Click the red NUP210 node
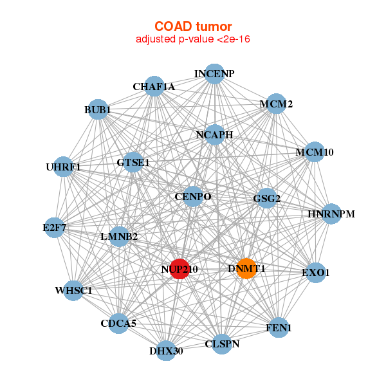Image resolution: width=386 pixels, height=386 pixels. (x=180, y=269)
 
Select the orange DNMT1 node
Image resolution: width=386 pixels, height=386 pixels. (x=246, y=268)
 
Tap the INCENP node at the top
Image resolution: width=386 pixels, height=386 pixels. (x=214, y=74)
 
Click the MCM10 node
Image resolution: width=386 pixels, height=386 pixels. (x=314, y=152)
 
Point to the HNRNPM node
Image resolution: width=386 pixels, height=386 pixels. (x=331, y=214)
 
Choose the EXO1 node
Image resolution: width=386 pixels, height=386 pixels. (x=315, y=272)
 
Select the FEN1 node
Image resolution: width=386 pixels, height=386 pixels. (x=278, y=327)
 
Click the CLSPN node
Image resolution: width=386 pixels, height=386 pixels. (x=222, y=344)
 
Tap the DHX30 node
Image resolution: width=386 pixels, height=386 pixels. (x=166, y=351)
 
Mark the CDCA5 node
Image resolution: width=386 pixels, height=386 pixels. (x=118, y=323)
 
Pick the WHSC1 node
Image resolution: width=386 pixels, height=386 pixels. (x=74, y=290)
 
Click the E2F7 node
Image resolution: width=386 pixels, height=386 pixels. (x=55, y=227)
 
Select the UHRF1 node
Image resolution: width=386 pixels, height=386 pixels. (x=63, y=167)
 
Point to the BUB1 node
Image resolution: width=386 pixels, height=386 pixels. (x=98, y=109)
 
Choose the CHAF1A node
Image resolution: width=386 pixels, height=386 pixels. (x=154, y=86)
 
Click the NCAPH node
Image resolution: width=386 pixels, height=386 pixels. (x=215, y=135)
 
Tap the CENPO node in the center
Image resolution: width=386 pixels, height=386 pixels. (x=193, y=196)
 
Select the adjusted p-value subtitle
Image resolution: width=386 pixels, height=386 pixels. (x=192, y=39)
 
